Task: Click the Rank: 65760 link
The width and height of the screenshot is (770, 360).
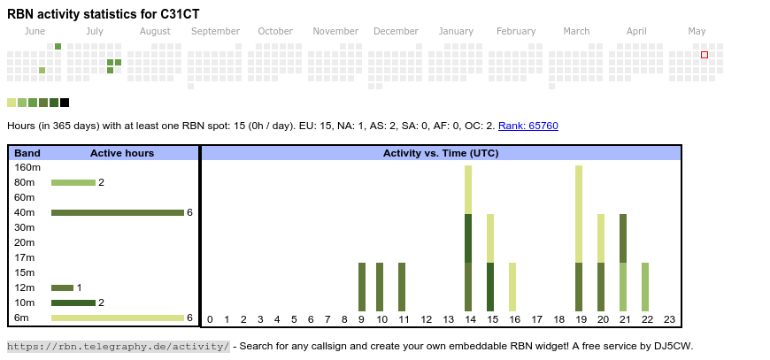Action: [x=527, y=126]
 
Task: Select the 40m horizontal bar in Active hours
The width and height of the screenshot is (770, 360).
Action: [x=117, y=212]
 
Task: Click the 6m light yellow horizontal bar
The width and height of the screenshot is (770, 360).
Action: [x=117, y=318]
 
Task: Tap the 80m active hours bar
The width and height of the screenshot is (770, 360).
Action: [x=73, y=182]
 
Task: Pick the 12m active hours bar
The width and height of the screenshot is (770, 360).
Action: [x=62, y=287]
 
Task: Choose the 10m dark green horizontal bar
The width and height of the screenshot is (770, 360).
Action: [x=73, y=303]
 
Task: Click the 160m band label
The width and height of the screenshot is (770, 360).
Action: [x=28, y=167]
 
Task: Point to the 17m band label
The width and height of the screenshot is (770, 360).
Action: [x=25, y=257]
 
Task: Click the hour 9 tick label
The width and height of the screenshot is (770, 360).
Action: [x=361, y=319]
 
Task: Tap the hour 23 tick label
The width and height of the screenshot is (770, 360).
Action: [x=669, y=319]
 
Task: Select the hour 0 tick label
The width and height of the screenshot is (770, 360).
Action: [x=210, y=319]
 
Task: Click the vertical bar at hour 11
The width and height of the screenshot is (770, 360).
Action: [x=402, y=286]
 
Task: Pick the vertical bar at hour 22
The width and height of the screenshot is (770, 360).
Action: [x=645, y=286]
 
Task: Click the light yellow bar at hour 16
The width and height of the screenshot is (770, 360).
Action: [x=512, y=286]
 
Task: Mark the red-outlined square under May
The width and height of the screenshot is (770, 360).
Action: [x=705, y=55]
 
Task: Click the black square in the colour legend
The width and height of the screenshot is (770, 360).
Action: [x=65, y=103]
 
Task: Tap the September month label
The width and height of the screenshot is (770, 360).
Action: [x=215, y=31]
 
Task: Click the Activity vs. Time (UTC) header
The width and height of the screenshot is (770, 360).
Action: [x=440, y=153]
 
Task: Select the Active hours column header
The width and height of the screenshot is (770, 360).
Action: [x=122, y=153]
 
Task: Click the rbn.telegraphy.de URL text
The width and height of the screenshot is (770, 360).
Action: [x=118, y=346]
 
